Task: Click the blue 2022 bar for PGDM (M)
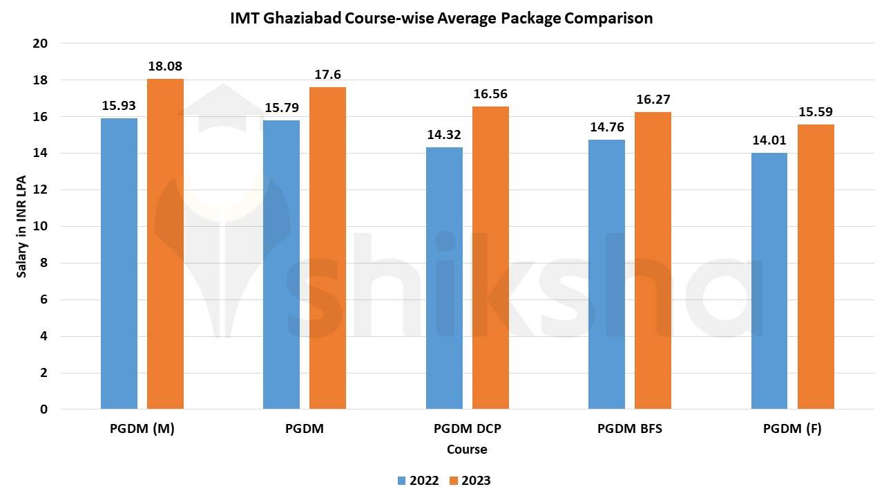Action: pos(119,264)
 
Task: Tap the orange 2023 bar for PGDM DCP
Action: pos(490,257)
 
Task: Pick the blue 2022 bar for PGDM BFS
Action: pos(606,274)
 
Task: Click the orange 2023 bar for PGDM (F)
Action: pos(816,266)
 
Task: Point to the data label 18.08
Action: pos(165,67)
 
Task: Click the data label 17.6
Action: pos(327,75)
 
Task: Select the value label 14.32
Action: pos(444,135)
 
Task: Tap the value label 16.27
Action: pos(653,100)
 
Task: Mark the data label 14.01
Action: pos(769,140)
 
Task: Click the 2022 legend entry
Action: pos(418,481)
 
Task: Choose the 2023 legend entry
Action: pos(470,481)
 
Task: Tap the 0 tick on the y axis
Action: pos(44,409)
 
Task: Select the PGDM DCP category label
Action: pos(467,429)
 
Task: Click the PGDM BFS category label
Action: pos(629,429)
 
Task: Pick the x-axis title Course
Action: pos(467,450)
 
